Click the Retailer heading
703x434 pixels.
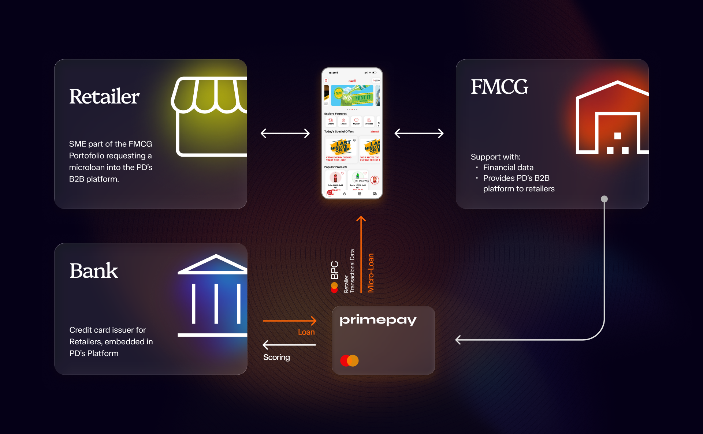[104, 97]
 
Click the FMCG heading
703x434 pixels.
[499, 87]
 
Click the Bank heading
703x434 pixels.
[94, 271]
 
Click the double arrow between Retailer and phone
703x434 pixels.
[285, 133]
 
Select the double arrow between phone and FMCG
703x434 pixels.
[419, 133]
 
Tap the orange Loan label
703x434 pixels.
[306, 332]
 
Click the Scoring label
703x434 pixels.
[276, 357]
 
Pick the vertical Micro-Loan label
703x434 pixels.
[371, 273]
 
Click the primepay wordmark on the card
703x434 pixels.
[378, 320]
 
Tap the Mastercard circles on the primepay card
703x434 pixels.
[349, 361]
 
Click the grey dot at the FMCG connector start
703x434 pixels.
[604, 199]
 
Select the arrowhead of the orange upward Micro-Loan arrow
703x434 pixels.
[361, 219]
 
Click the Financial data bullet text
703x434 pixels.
[508, 168]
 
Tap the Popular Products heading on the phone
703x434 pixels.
[336, 167]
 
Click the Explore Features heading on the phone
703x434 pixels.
[335, 114]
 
